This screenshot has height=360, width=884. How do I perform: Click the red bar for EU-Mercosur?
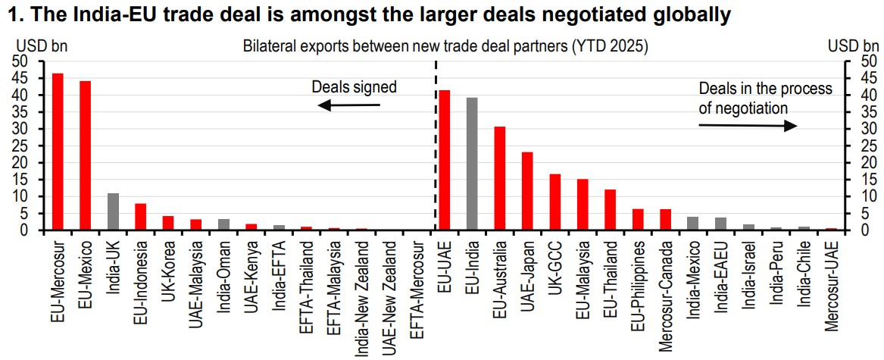[58, 152]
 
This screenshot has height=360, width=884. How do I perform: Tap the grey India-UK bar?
[113, 211]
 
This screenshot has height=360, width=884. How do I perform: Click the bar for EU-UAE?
[445, 160]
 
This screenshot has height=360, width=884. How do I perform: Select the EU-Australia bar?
[500, 178]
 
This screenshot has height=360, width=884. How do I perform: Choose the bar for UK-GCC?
[555, 202]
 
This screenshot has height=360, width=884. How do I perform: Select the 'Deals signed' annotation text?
[354, 87]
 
